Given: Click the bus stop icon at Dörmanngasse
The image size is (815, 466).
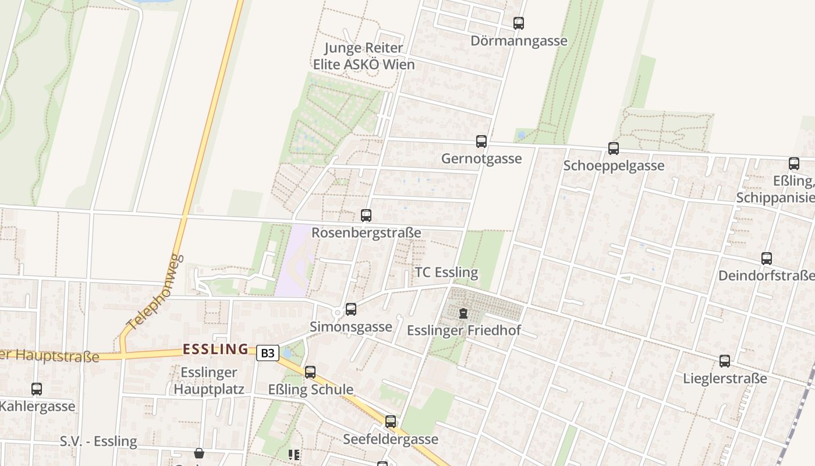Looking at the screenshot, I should [519, 23].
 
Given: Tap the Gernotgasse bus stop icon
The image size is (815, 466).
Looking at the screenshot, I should [481, 141].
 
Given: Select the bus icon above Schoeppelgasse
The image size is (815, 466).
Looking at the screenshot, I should [614, 148].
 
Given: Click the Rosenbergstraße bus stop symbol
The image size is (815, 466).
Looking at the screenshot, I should [366, 216].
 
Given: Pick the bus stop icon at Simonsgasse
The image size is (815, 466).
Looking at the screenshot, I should [351, 309].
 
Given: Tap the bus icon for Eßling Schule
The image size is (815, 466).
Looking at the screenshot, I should [310, 372].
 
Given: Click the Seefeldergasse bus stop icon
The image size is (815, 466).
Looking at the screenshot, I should [391, 421].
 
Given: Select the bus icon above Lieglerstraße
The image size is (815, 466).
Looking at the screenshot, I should [725, 361].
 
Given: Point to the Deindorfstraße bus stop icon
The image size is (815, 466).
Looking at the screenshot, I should [767, 258].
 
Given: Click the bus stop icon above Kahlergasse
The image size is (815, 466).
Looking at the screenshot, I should [37, 389].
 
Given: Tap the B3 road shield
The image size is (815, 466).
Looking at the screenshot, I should [267, 353].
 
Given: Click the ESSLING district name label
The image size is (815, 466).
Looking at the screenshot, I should [215, 349].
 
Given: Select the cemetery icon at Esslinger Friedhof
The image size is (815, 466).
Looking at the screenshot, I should [463, 313].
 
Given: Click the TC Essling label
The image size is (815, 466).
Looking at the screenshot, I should [447, 272].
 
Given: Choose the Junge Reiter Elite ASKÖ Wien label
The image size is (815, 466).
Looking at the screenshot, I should [364, 56].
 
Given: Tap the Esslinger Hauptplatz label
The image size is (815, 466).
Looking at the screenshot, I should [209, 380].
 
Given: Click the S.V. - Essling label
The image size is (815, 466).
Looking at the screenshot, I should [98, 441].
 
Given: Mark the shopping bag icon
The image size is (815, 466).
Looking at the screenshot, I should [199, 453].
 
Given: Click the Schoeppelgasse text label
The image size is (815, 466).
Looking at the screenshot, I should [614, 165].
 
